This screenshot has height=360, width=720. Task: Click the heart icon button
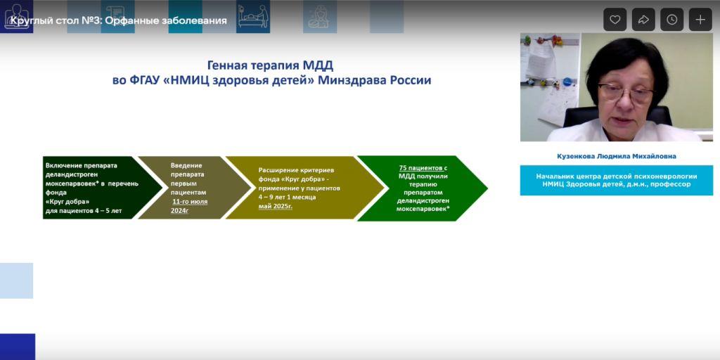coord(615,20)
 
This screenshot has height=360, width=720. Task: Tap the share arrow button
coord(643,20)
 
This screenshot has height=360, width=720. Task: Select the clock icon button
coord(672,20)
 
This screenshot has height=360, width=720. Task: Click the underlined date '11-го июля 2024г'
coord(190,205)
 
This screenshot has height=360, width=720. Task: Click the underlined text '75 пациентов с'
coord(423,168)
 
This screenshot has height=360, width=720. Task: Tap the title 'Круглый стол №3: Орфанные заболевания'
coord(118,20)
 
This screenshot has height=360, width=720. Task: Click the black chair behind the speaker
coord(577,116)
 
